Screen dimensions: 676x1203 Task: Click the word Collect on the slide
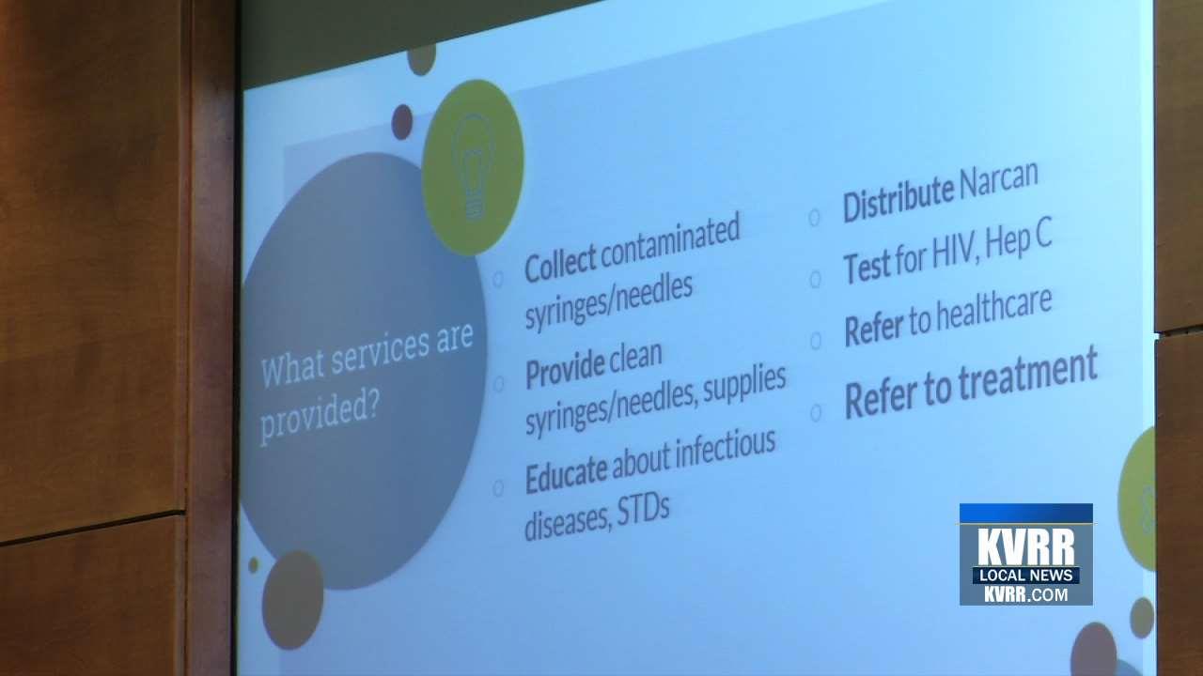(560, 264)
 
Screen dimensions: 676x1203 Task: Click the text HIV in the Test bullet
(959, 249)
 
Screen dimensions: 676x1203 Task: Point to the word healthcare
(993, 310)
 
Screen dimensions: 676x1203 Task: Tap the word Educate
(566, 474)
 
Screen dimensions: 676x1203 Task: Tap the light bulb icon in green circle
(473, 166)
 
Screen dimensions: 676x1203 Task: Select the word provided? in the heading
(317, 419)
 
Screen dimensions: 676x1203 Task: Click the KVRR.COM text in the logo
(1025, 593)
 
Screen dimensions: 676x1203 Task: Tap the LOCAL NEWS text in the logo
(1025, 575)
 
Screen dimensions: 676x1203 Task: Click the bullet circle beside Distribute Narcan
(814, 218)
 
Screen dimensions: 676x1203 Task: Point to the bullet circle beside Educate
(498, 487)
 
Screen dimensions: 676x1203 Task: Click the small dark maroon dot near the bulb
(402, 121)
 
